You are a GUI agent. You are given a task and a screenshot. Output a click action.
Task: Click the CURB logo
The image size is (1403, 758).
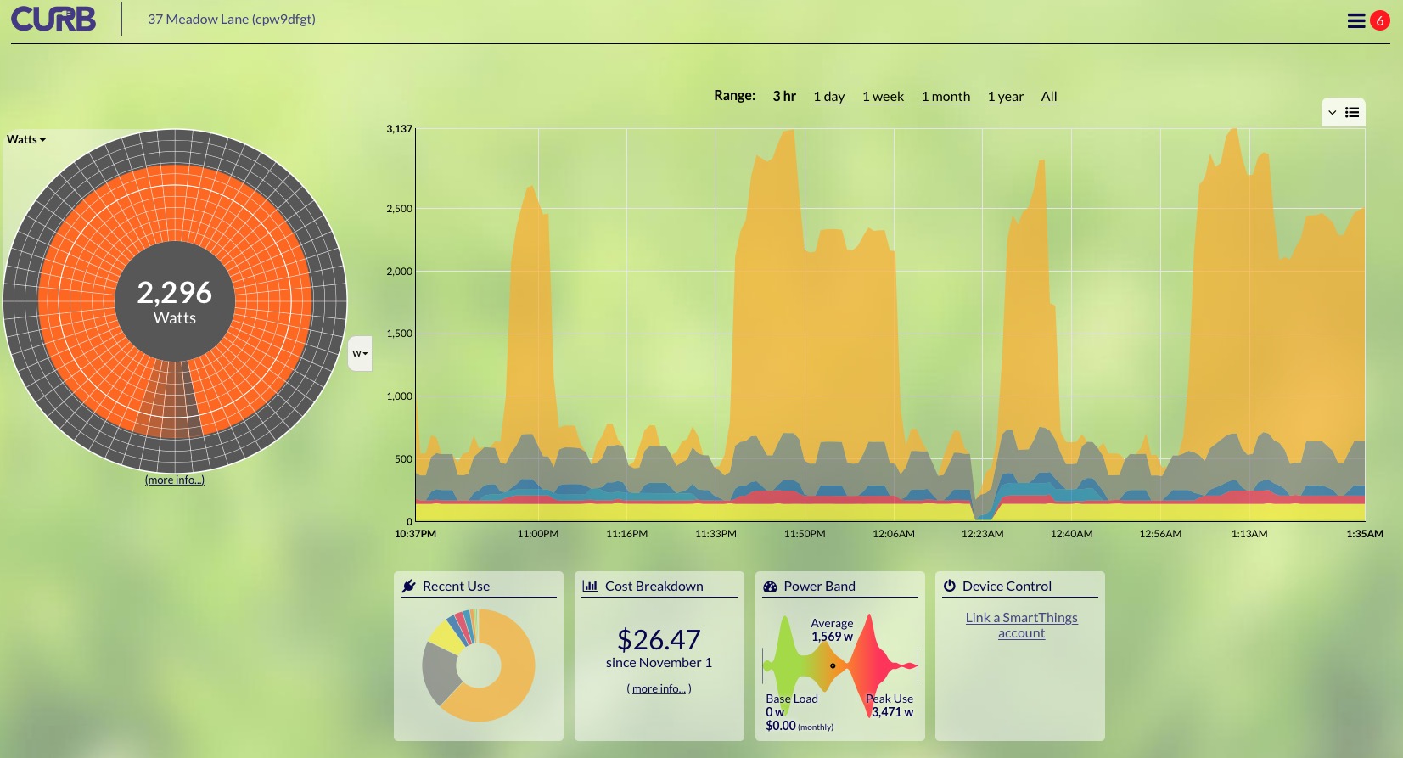pos(53,19)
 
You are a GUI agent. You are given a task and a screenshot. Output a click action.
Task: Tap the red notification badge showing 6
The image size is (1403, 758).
pos(1380,20)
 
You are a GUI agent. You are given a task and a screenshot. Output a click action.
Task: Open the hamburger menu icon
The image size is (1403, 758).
pos(1355,20)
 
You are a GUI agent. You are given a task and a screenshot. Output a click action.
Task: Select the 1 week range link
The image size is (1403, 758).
pos(883,97)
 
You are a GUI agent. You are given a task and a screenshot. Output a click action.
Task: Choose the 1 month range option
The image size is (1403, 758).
pos(946,97)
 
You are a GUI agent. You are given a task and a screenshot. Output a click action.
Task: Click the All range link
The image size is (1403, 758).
pos(1049,97)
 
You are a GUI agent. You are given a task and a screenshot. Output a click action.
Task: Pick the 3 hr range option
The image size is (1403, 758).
pos(784,96)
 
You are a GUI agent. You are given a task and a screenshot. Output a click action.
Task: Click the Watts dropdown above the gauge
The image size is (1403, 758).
pos(26,139)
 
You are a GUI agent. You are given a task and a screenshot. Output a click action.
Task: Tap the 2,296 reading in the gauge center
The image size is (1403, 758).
pos(175,293)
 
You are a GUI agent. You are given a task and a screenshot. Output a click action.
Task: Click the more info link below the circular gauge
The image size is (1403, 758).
pos(175,480)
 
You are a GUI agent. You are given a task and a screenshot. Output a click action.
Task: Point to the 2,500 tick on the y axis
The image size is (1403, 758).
pos(399,209)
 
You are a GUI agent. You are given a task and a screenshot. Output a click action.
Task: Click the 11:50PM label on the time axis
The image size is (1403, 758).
pos(804,534)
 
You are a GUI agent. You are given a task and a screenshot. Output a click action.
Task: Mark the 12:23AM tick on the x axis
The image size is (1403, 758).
pos(982,534)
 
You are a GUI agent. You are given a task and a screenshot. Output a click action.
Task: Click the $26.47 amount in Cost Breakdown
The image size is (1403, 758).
pos(659,639)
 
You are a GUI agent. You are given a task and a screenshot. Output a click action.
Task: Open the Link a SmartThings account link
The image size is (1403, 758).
pos(1021,626)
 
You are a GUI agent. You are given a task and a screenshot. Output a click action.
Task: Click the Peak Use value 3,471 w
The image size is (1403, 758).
pos(892,712)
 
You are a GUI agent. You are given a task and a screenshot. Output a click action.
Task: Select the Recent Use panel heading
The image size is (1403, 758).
pos(456,586)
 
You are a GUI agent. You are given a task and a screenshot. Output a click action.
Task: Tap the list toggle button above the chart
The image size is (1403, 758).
pos(1351,112)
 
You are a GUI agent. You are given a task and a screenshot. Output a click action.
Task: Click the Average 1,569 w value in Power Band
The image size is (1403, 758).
pos(832,637)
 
